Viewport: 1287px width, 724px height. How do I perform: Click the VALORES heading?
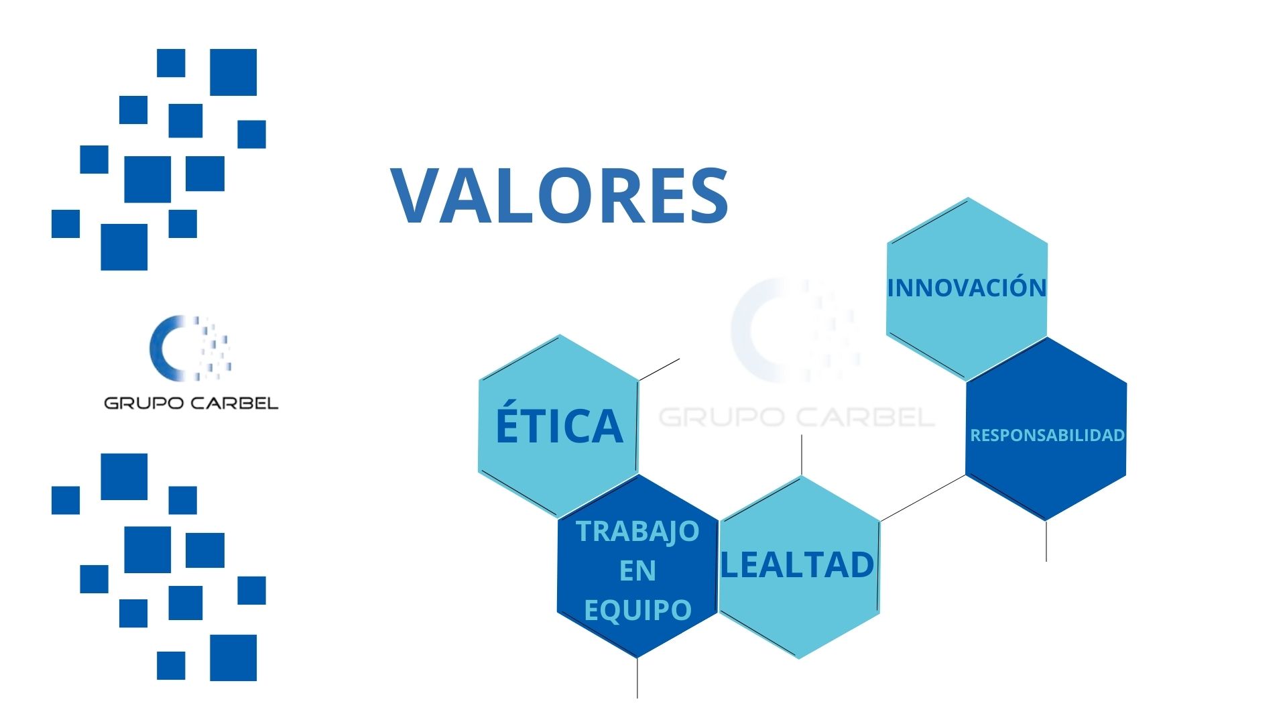560,195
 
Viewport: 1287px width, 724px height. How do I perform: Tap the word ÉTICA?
559,425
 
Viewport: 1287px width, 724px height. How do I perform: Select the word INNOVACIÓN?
967,288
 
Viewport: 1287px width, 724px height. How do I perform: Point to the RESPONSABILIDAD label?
1047,435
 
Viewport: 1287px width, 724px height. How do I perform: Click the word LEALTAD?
798,564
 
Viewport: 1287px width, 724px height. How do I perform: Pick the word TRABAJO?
637,531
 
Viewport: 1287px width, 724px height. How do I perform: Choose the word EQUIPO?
637,610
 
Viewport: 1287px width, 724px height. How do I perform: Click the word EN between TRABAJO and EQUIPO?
637,570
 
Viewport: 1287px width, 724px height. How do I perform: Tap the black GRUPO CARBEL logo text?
191,403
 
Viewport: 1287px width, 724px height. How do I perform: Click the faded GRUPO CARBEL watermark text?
796,417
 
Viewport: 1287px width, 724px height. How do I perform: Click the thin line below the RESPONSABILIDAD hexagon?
1046,542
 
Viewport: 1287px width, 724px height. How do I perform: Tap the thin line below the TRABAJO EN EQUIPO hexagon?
637,678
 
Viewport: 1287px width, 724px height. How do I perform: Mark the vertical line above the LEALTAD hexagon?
802,455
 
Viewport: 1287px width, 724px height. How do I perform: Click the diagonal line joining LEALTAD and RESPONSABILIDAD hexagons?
922,498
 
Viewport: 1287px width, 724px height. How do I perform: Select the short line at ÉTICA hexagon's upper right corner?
660,369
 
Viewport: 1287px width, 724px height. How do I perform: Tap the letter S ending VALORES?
708,195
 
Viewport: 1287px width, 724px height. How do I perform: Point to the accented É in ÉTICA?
507,424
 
